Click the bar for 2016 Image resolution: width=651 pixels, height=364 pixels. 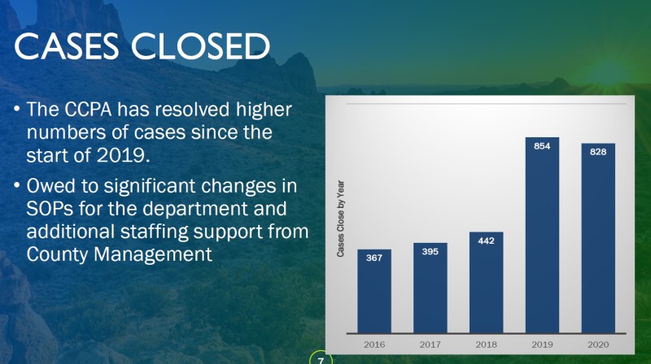[374, 291]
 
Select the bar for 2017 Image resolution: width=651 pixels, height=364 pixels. [430, 288]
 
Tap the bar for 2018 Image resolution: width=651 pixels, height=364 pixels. [486, 282]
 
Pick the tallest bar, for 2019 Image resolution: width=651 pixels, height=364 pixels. [542, 235]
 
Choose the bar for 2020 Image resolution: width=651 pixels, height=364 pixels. [598, 238]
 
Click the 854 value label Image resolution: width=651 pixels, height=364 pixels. [542, 146]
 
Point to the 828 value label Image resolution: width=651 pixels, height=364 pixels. [598, 152]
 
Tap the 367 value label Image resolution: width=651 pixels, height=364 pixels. [374, 258]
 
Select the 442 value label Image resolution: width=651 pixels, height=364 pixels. [486, 240]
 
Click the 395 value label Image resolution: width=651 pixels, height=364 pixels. [430, 252]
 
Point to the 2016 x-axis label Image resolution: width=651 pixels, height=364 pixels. [374, 344]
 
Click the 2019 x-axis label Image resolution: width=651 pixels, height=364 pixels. [542, 344]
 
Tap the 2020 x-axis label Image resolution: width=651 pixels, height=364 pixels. [598, 344]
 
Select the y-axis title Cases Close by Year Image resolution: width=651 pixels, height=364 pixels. [340, 219]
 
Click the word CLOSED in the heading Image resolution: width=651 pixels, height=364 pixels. [200, 45]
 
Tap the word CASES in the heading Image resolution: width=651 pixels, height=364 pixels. [67, 45]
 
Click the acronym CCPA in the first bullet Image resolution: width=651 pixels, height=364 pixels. [88, 110]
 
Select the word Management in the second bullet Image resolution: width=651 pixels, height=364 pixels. [153, 254]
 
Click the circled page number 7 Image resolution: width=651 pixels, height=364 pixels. [321, 360]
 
